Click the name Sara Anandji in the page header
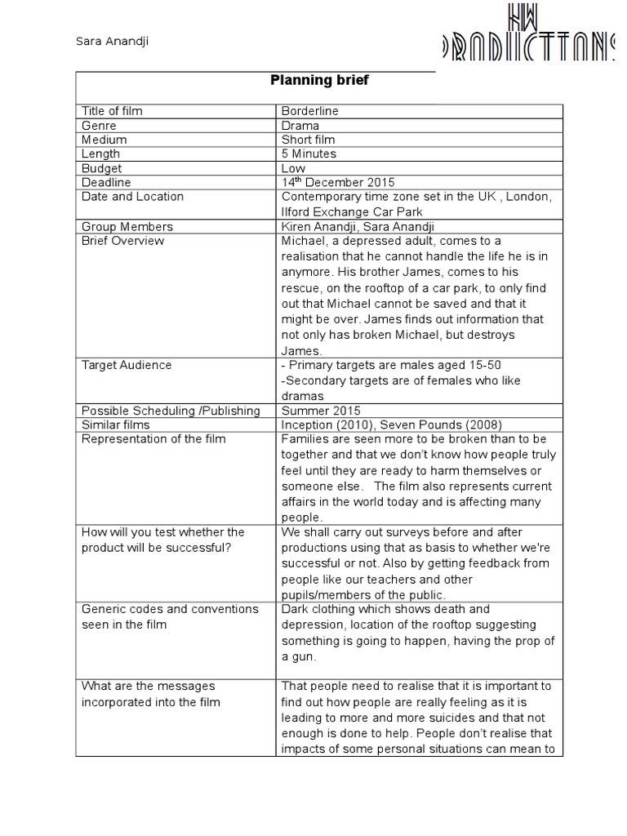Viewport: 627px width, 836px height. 105,42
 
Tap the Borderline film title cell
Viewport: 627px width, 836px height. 309,111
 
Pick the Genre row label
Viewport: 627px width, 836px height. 99,126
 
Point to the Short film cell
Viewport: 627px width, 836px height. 309,140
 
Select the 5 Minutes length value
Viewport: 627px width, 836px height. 309,153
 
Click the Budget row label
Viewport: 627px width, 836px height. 101,168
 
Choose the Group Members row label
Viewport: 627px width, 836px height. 127,226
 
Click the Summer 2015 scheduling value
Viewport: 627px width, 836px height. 320,410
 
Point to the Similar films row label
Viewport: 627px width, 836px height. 116,425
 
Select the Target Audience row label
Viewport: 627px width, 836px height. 127,365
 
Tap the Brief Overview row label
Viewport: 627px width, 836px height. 122,241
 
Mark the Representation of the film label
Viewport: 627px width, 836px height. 153,439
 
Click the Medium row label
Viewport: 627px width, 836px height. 104,140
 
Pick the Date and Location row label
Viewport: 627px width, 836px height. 132,197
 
